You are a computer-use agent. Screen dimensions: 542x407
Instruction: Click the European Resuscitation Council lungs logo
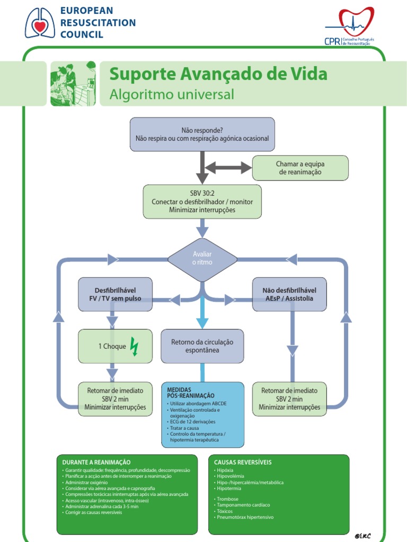click(x=40, y=23)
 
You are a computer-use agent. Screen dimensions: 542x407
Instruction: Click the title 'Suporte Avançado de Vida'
click(x=218, y=74)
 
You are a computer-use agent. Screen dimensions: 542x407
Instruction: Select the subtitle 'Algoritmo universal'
click(x=171, y=94)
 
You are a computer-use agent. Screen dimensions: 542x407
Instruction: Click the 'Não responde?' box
click(x=202, y=134)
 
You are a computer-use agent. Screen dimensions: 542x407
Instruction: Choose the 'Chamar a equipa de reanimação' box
click(x=300, y=168)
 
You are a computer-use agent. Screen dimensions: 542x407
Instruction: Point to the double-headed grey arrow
click(x=228, y=168)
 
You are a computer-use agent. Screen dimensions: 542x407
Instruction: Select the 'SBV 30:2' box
click(x=202, y=202)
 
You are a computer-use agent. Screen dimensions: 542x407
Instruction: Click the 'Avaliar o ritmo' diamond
click(x=202, y=259)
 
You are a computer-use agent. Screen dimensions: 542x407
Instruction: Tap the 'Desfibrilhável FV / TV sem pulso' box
click(x=115, y=294)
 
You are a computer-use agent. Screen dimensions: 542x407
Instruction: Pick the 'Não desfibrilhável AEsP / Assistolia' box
click(x=289, y=294)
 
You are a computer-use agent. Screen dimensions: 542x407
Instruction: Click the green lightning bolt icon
click(x=134, y=347)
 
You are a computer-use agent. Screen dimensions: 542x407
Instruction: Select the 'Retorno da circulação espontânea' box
click(x=202, y=346)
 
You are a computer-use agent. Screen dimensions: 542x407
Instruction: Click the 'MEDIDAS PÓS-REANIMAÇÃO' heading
click(x=191, y=392)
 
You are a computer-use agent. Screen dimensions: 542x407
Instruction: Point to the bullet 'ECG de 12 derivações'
click(x=193, y=422)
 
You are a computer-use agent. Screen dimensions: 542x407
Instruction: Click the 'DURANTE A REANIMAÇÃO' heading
click(x=96, y=462)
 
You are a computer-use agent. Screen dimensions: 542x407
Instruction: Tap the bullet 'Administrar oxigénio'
click(x=87, y=482)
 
